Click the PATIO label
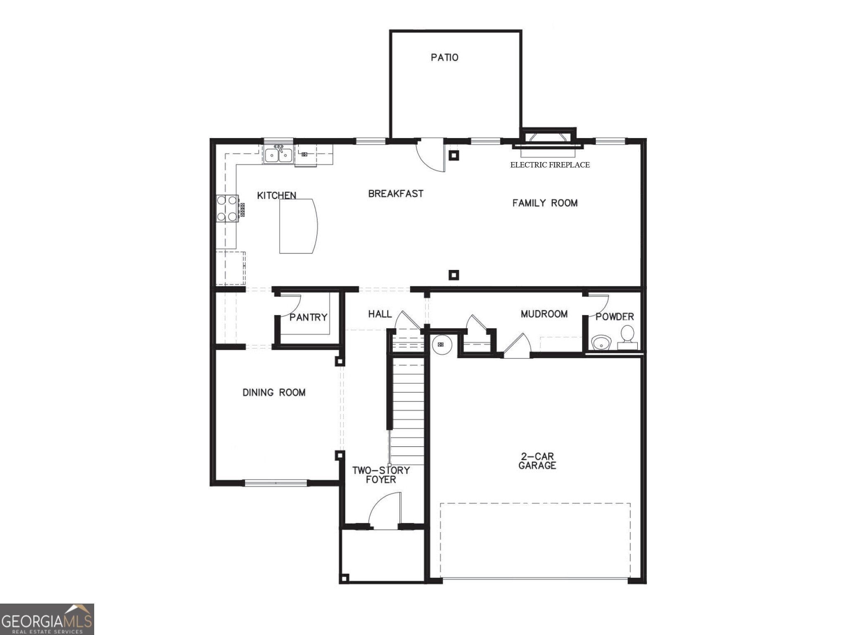[444, 57]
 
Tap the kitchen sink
[278, 155]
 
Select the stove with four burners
[227, 208]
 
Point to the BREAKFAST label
[395, 193]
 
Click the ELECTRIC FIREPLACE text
[550, 165]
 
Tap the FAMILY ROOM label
[544, 203]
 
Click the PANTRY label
[308, 317]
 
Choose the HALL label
[380, 314]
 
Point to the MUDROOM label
[544, 314]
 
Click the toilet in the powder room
[627, 337]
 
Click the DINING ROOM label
[274, 392]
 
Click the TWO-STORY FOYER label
[380, 475]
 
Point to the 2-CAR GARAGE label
[537, 461]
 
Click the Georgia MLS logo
[47, 619]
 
